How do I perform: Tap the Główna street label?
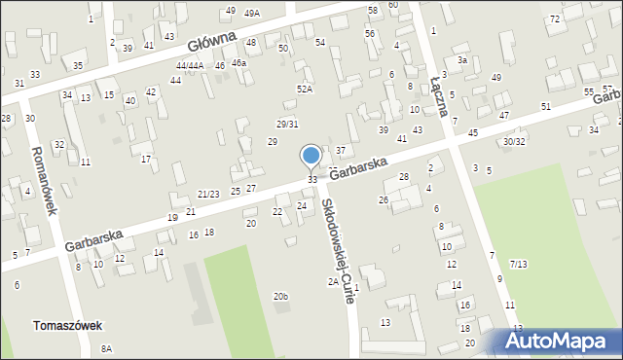coord(212,43)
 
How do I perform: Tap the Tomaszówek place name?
coord(67,326)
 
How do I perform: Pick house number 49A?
coord(252,14)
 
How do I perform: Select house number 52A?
coord(306,90)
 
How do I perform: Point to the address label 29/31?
coord(287,124)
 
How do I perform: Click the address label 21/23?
coord(208,195)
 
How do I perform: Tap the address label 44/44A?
coord(190,65)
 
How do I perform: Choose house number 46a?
coord(238,62)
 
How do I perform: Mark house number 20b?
coord(280,296)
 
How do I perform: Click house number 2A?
coord(333,282)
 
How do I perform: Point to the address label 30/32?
coord(514,141)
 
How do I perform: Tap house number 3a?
coord(463,60)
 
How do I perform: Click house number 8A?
coord(106,348)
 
